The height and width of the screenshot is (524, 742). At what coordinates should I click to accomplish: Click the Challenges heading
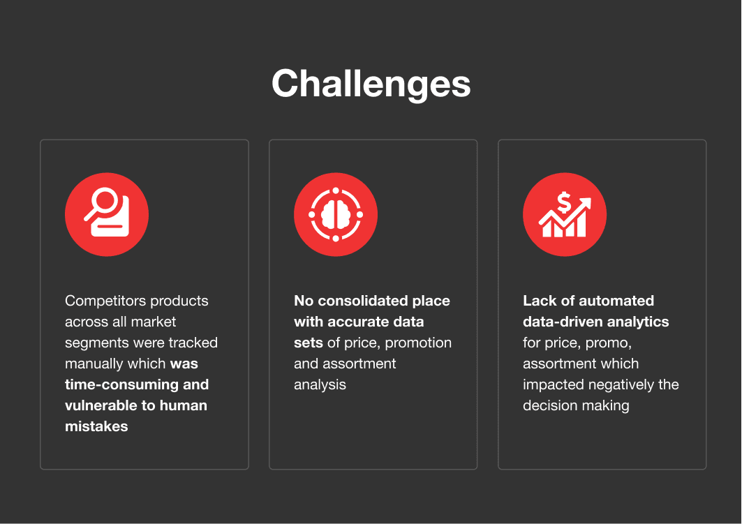tap(371, 84)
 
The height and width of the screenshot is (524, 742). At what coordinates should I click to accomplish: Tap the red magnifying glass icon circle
tap(107, 214)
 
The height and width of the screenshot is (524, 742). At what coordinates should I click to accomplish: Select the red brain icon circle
tap(336, 214)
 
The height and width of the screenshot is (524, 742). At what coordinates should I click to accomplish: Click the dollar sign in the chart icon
tap(563, 202)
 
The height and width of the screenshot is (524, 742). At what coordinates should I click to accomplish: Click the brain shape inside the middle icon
tap(336, 215)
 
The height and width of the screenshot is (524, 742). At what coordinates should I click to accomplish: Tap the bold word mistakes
tap(96, 426)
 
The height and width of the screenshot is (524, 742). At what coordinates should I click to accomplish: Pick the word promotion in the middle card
tap(418, 343)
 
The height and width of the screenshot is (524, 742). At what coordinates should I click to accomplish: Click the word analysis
tap(320, 385)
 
